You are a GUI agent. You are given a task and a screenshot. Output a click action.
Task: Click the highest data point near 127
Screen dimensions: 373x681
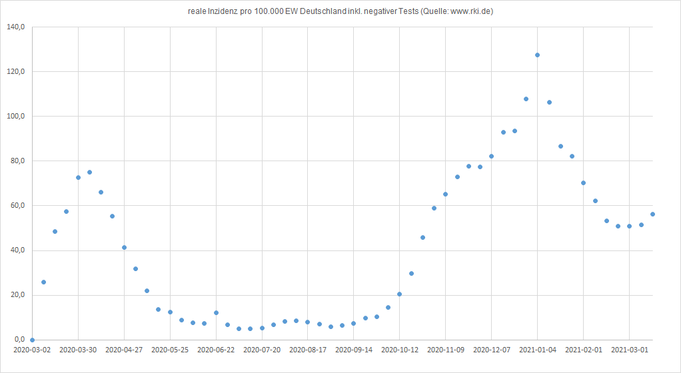point(537,55)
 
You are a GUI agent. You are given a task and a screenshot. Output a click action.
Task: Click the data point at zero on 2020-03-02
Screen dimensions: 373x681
point(32,340)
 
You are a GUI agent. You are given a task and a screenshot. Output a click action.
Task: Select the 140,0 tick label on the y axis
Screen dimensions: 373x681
point(15,27)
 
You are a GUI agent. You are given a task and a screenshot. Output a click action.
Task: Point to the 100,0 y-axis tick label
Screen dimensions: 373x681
point(15,117)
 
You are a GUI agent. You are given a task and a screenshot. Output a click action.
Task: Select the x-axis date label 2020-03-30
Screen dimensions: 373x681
point(78,349)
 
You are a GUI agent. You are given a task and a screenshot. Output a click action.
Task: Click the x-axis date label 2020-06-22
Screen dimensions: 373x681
point(216,349)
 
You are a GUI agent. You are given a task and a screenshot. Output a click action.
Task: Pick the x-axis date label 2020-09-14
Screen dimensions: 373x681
point(354,349)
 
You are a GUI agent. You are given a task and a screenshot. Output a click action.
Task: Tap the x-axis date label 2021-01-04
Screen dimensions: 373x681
point(537,349)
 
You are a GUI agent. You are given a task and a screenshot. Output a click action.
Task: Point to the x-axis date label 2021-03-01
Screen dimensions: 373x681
point(629,349)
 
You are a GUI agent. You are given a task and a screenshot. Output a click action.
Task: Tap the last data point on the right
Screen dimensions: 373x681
point(652,214)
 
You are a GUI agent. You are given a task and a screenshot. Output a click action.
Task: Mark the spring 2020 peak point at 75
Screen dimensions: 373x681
point(89,173)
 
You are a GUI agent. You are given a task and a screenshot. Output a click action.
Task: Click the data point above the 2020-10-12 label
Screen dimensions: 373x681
point(399,294)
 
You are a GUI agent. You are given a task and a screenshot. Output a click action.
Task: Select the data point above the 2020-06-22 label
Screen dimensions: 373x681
point(216,312)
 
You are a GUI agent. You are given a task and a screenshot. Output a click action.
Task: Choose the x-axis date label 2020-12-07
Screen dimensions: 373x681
point(491,349)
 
